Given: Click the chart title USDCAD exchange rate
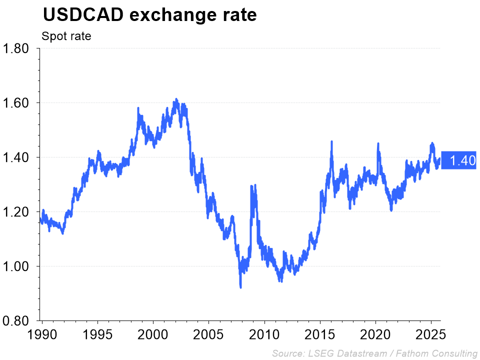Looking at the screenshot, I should tap(149, 15).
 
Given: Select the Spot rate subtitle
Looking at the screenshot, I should tap(66, 36).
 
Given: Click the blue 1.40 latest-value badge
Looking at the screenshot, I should tap(459, 160).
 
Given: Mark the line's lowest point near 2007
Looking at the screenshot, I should tap(240, 287).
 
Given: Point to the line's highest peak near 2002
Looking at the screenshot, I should tap(176, 99).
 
